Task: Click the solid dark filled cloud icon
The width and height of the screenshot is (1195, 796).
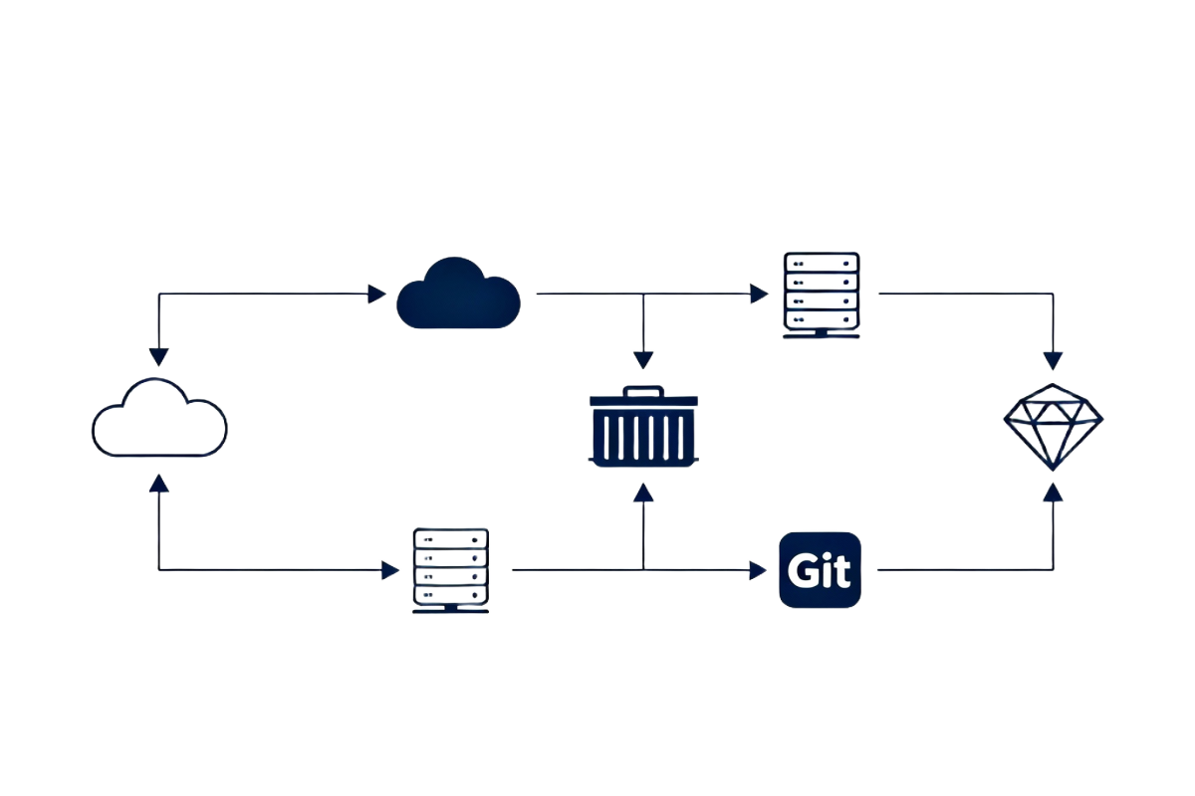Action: (458, 295)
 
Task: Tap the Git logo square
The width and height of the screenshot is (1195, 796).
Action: (820, 570)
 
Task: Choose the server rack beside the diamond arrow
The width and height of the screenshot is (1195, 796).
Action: (820, 295)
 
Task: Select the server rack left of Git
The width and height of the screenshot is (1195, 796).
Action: (450, 570)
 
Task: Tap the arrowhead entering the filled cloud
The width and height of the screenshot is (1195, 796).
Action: (376, 294)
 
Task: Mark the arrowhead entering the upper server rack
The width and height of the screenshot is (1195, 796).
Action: (759, 294)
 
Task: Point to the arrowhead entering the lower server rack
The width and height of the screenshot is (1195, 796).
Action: (390, 570)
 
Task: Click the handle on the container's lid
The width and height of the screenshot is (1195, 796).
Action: (643, 389)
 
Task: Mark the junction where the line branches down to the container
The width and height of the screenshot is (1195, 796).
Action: (643, 294)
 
